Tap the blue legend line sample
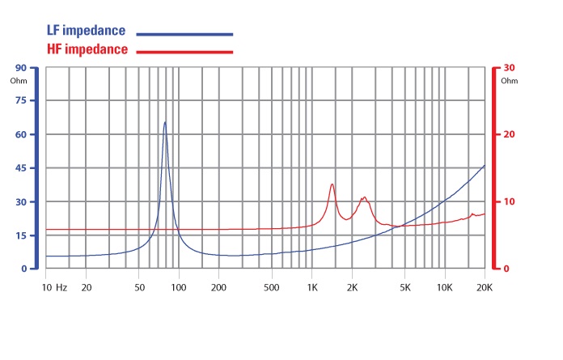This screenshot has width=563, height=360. point(184,35)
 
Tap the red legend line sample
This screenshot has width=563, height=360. point(184,52)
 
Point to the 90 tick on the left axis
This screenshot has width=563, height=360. point(20,68)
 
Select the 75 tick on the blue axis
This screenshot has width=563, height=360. point(20,101)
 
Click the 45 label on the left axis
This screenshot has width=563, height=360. point(20,168)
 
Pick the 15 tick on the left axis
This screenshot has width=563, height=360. point(20,235)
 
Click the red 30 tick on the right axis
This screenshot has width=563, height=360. point(509,68)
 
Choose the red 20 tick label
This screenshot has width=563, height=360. point(509,135)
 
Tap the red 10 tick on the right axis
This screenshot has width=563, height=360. point(509,201)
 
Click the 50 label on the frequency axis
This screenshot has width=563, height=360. point(139,286)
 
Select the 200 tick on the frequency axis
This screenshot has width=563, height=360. point(218,286)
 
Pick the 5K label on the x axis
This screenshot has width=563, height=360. point(404,286)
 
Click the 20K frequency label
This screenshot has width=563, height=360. point(485,286)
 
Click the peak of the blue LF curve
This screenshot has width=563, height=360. point(165,122)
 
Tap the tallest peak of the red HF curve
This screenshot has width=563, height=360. point(332,184)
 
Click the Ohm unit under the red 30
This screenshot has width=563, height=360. point(509,81)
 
